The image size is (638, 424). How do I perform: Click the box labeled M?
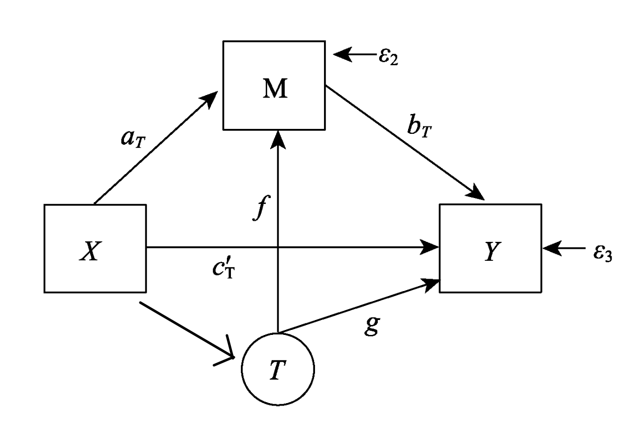tap(274, 86)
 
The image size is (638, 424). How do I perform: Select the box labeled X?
tap(95, 248)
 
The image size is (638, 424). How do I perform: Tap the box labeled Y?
tap(490, 248)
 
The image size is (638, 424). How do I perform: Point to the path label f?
tap(257, 208)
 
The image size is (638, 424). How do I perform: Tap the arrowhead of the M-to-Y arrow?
tap(477, 194)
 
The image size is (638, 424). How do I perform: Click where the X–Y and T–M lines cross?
tap(278, 247)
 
